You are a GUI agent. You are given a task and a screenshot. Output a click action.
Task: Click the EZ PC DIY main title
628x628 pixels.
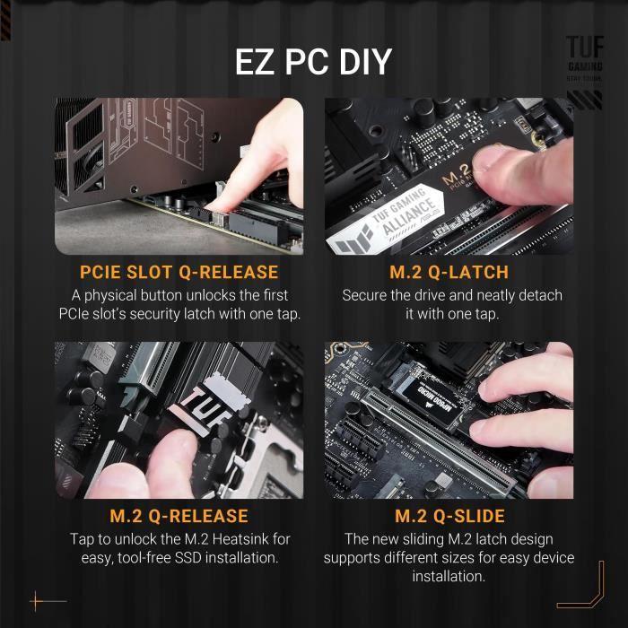(x=313, y=62)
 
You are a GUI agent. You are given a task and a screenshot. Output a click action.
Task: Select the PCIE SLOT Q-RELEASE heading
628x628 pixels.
(x=179, y=272)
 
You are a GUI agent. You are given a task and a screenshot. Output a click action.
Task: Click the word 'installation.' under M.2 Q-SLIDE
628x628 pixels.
(x=449, y=577)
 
